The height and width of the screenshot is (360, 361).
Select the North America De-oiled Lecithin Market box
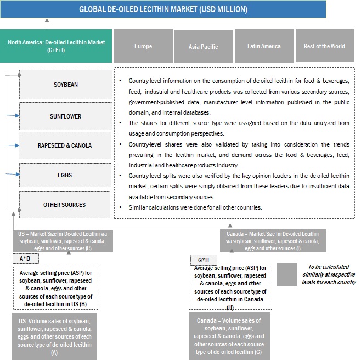(57, 46)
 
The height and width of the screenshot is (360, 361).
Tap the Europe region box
(143, 46)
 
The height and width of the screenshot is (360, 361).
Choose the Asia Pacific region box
(203, 46)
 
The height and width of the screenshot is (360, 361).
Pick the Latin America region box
(264, 46)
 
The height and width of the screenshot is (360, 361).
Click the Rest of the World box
(324, 46)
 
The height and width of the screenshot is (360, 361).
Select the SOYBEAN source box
(65, 85)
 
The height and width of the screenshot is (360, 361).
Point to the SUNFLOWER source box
(65, 116)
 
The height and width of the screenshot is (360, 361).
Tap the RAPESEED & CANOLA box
(65, 145)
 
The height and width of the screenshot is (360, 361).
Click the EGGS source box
(65, 175)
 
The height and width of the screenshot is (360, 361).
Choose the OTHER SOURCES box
(65, 205)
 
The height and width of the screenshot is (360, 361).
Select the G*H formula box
(204, 258)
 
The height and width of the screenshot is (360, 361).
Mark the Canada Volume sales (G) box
(230, 336)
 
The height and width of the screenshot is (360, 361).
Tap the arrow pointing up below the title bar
(47, 22)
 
